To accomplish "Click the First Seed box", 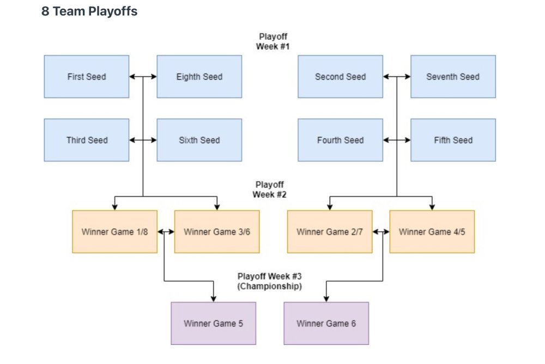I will point(87,77).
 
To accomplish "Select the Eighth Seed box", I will point(199,77).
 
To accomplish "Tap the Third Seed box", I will point(87,140).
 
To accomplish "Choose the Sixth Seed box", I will point(199,140).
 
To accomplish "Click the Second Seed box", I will point(341,77).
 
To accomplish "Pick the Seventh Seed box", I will point(453,77).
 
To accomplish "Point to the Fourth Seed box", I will point(341,140).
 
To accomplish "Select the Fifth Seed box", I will point(453,140).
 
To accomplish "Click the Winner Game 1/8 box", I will point(114,232).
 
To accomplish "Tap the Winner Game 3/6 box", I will point(217,232).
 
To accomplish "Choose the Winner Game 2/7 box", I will point(330,232).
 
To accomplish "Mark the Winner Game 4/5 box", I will point(432,232).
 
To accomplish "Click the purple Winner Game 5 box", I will point(213,324).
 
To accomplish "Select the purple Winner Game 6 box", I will point(326,324).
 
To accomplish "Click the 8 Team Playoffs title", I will point(89,11).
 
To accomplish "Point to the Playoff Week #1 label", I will point(272,41).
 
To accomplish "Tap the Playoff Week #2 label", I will point(270,190).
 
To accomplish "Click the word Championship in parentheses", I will point(270,286).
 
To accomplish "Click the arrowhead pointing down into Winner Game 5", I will point(213,299).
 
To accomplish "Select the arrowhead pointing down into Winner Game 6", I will point(326,299).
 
